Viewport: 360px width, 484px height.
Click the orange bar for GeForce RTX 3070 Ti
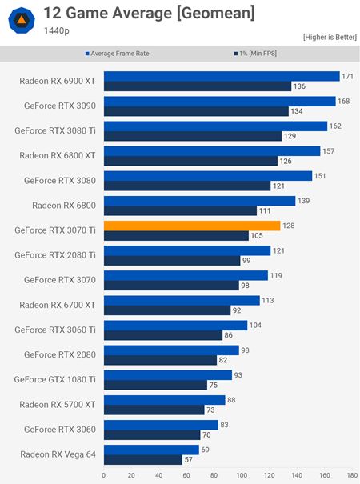coord(192,226)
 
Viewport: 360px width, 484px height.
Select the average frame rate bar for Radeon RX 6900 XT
coord(222,76)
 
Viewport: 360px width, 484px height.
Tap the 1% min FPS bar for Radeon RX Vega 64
coord(142,460)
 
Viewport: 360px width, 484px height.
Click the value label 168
coord(344,101)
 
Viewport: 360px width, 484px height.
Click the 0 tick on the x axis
coord(103,475)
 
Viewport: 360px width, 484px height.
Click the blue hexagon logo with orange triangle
coord(23,22)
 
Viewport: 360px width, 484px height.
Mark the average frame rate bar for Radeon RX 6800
coord(199,200)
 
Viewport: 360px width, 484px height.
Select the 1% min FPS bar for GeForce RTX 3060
coord(151,435)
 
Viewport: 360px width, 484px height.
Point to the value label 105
coord(258,236)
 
